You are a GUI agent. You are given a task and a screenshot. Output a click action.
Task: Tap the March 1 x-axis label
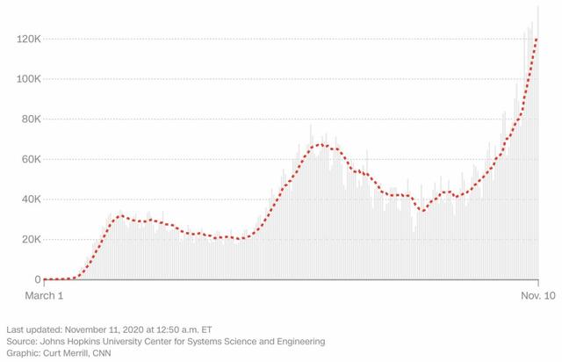click(x=44, y=296)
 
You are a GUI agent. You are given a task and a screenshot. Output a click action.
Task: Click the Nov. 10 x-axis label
click(x=535, y=296)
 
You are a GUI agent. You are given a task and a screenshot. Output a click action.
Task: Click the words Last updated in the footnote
click(x=31, y=328)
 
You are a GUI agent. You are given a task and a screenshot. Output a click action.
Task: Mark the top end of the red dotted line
click(x=536, y=40)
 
